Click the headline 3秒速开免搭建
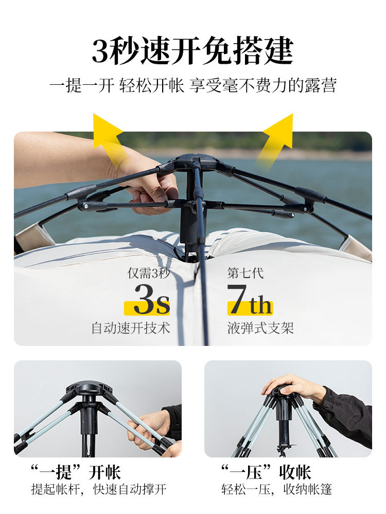pyautogui.click(x=192, y=51)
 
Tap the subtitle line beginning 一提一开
pyautogui.click(x=192, y=85)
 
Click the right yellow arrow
pyautogui.click(x=278, y=135)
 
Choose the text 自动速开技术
pyautogui.click(x=131, y=328)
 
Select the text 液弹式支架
pyautogui.click(x=260, y=328)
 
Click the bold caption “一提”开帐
pyautogui.click(x=76, y=472)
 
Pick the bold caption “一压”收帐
pyautogui.click(x=266, y=472)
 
